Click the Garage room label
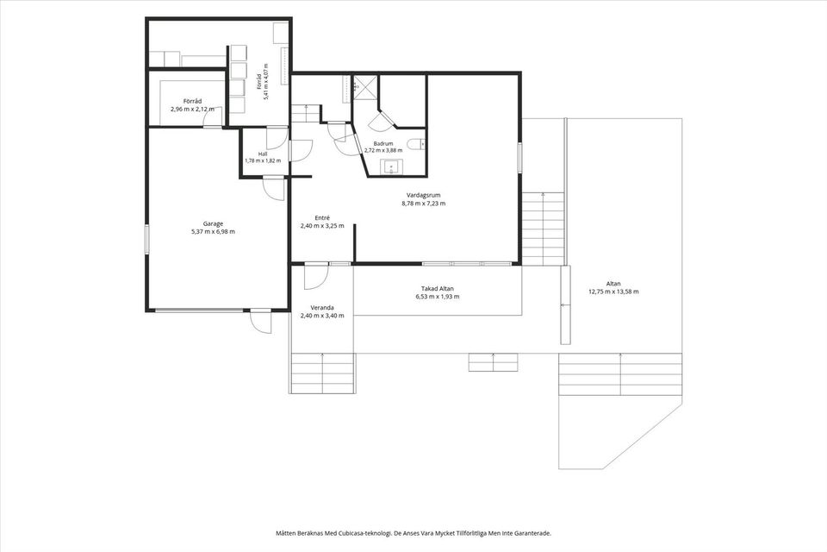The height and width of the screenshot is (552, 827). click(x=213, y=223)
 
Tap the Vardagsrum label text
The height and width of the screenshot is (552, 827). click(x=424, y=196)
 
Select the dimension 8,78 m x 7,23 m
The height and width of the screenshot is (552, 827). click(x=424, y=204)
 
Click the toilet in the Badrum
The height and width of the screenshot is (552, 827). click(x=417, y=144)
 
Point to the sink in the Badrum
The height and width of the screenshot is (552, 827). click(x=392, y=167)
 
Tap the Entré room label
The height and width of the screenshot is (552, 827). click(x=322, y=217)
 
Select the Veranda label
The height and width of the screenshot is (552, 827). click(x=322, y=308)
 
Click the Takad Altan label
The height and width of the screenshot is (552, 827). click(x=438, y=289)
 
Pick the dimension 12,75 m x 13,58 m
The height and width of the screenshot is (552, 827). click(x=613, y=292)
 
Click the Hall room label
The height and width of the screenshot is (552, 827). click(x=263, y=154)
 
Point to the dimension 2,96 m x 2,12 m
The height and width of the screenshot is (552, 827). click(x=192, y=110)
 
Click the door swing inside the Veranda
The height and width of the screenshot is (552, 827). click(x=316, y=277)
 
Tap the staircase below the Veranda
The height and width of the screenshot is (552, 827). click(x=322, y=373)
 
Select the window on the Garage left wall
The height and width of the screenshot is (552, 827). click(x=147, y=240)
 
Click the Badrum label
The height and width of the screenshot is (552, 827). click(x=382, y=144)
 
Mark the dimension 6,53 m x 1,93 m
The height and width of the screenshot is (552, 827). click(x=438, y=297)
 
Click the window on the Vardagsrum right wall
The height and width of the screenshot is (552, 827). click(x=519, y=158)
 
